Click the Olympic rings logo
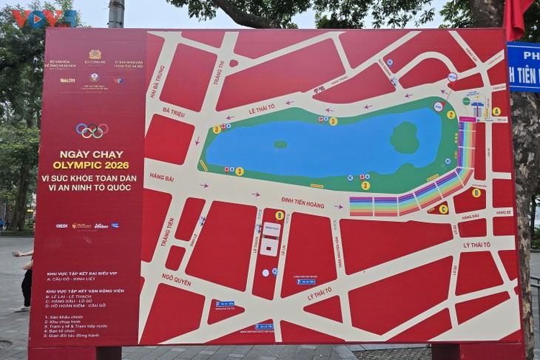92,131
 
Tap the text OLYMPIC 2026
91,165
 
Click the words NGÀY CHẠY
91,154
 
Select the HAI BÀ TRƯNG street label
157,81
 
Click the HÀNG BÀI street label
161,177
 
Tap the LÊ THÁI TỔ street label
262,108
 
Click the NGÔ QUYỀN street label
176,279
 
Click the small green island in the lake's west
280,144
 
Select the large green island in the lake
405,137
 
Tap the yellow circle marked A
496,112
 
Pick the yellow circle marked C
443,209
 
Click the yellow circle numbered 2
450,115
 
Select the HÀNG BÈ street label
504,211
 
